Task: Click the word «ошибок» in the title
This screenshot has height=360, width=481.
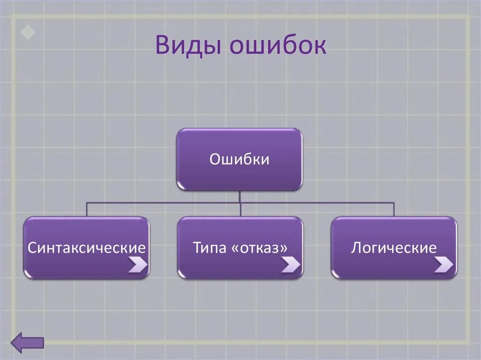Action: [x=278, y=46]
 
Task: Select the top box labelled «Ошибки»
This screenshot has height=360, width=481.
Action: [x=239, y=160]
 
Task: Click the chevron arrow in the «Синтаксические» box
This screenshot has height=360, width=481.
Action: [x=138, y=265]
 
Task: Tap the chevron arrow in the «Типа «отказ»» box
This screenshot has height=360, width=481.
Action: [x=291, y=266]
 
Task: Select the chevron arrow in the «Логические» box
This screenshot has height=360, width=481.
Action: [x=443, y=265]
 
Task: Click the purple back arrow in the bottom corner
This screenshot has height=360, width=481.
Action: [x=27, y=343]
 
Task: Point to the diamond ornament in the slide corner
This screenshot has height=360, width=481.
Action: [x=27, y=33]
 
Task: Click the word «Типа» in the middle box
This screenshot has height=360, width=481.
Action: [x=208, y=247]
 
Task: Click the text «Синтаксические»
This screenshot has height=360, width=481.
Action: [x=86, y=247]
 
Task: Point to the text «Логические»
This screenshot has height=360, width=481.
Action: [x=394, y=247]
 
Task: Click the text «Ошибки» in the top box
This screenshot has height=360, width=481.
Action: [x=239, y=160]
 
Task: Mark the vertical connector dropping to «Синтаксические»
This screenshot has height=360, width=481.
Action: [x=86, y=209]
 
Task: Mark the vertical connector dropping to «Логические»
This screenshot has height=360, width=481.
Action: [x=394, y=209]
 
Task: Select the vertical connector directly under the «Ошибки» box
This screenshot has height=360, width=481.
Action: [x=240, y=197]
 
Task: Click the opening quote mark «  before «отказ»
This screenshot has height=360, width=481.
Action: [x=234, y=248]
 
